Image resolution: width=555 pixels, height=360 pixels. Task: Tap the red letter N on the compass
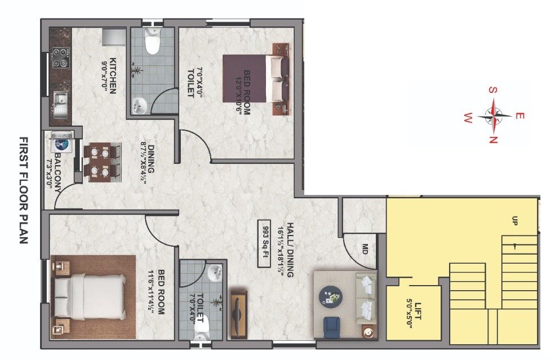pyautogui.click(x=493, y=140)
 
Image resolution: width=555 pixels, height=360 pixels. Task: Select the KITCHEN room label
pyautogui.click(x=113, y=75)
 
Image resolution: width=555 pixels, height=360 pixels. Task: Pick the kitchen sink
pyautogui.click(x=60, y=102)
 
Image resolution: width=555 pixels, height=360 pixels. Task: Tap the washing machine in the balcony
pyautogui.click(x=62, y=143)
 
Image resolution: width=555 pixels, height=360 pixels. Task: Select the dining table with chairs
pyautogui.click(x=103, y=161)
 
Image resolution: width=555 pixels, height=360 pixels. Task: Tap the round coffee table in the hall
pyautogui.click(x=330, y=296)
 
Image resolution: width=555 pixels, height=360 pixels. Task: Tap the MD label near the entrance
pyautogui.click(x=365, y=248)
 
